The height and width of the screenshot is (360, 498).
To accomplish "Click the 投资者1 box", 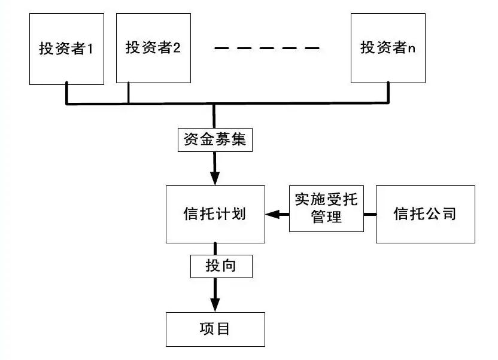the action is coord(66,49).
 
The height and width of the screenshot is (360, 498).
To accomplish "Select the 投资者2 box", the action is coord(153,48).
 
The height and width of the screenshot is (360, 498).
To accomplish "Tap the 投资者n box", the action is coord(388,48).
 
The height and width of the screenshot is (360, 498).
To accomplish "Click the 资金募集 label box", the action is coord(215,139).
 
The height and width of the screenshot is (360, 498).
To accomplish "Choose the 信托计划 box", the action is coord(215,215).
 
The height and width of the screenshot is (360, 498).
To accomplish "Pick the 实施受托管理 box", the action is coord(326,208).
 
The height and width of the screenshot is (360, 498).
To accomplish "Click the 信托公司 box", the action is coord(426,215).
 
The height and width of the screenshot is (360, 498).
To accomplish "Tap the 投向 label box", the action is coord(221,266).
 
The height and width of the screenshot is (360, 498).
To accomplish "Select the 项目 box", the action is coord(215,330).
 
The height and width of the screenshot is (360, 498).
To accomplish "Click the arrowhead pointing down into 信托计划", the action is coord(215,179).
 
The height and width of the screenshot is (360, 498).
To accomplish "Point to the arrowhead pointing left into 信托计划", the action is coord(272,215).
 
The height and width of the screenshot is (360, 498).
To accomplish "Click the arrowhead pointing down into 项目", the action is coord(215,305).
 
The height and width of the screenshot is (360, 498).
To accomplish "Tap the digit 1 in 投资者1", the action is coord(90,49).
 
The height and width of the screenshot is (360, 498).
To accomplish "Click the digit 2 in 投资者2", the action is coord(177,48).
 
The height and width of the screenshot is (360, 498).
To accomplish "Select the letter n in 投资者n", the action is coord(411,49).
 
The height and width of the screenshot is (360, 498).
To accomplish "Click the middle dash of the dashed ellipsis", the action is coord(267,48).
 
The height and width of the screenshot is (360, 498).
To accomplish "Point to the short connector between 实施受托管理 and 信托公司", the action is coord(370,215).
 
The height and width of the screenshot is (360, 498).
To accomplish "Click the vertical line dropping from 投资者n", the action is coord(388,92).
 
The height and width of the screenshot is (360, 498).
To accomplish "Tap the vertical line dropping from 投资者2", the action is coord(128,93).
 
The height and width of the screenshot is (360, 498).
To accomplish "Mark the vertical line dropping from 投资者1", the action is coord(66,93).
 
